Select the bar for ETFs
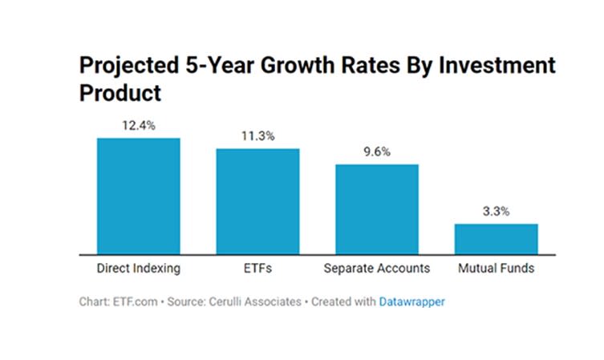tap(257, 200)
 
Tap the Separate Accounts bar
tap(376, 208)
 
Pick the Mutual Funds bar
tap(496, 238)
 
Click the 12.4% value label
tap(139, 125)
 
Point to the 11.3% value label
tap(257, 136)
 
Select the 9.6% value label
tap(376, 152)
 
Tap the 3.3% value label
tap(496, 211)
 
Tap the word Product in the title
tap(120, 92)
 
